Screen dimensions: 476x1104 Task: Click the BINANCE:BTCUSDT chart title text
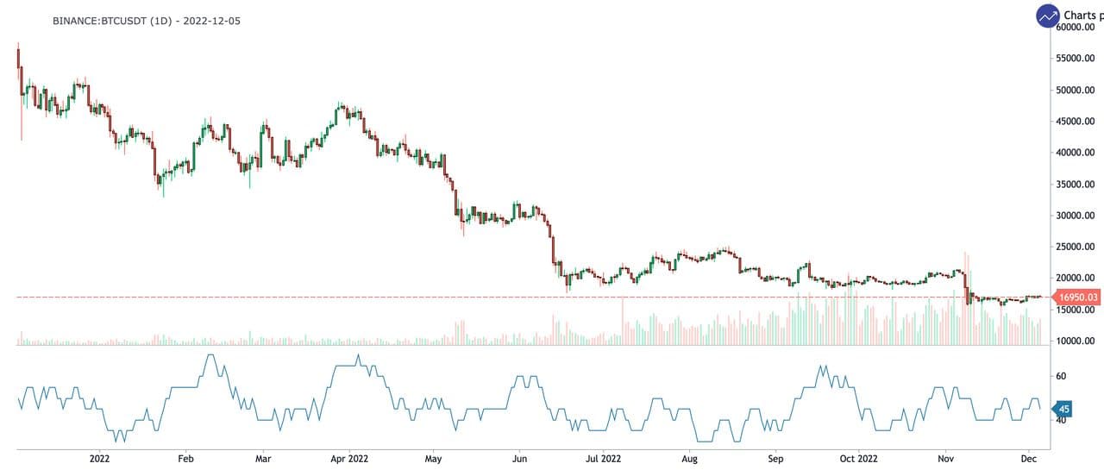(146, 20)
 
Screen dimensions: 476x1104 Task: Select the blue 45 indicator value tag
(1064, 409)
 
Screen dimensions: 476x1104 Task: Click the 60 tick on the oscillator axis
(1062, 376)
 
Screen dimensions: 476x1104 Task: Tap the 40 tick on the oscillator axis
(1062, 420)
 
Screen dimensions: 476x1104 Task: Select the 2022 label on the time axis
(100, 459)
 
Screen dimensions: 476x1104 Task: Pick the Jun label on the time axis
(519, 459)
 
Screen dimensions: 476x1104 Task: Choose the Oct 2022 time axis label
(858, 459)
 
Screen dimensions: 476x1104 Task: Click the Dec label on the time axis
(1029, 459)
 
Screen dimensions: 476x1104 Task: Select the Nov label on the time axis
(947, 459)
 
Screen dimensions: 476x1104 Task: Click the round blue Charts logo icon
(1048, 16)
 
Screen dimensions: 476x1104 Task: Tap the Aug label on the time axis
(689, 459)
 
